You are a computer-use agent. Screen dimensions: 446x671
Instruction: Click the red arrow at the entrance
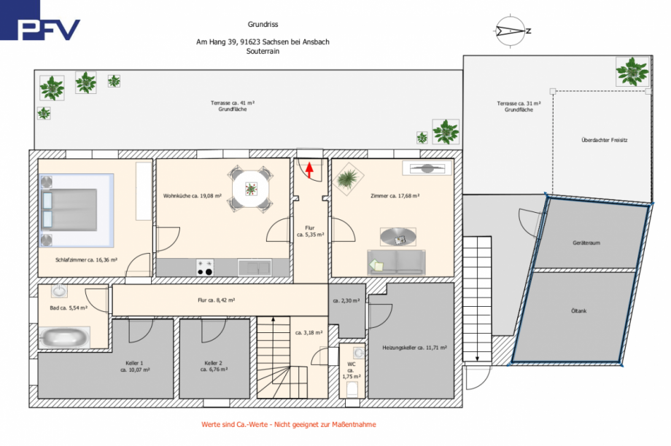(x=309, y=171)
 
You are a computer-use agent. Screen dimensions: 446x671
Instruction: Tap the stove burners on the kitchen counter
(x=204, y=268)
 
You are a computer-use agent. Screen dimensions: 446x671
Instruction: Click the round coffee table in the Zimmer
(x=397, y=236)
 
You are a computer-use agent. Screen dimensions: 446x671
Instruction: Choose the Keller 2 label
(x=213, y=366)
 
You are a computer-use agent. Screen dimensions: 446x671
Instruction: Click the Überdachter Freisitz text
(x=605, y=139)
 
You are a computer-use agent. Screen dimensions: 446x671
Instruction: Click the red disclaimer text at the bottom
(x=289, y=424)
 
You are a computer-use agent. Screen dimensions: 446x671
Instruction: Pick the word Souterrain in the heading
(x=263, y=52)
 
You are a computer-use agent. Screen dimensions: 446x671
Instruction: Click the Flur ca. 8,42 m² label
(x=216, y=300)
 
